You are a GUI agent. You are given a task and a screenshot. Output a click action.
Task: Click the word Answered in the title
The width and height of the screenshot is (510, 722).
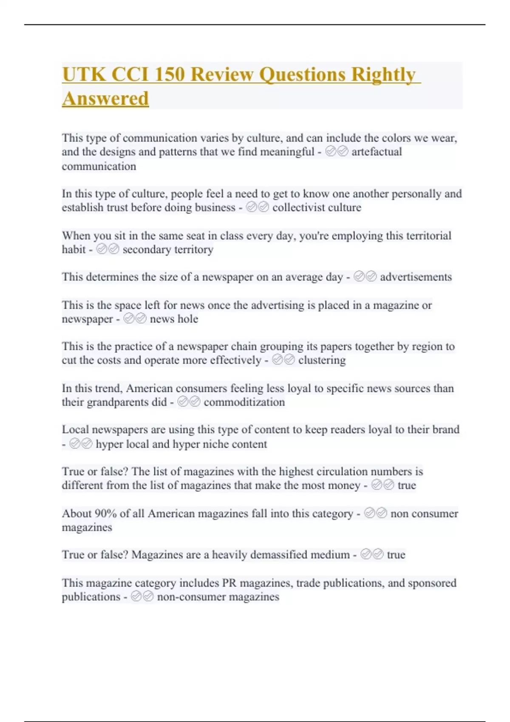(x=105, y=99)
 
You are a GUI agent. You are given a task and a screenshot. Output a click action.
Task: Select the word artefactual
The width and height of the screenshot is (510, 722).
(x=377, y=152)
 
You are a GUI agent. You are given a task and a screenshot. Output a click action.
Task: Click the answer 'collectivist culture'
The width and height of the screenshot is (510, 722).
(x=317, y=207)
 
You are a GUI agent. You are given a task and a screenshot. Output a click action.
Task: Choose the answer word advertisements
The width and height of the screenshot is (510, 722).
(x=416, y=277)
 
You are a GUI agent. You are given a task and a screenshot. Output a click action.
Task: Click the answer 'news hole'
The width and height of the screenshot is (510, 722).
(x=174, y=319)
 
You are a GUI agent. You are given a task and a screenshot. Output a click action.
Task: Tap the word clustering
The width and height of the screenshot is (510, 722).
(x=322, y=360)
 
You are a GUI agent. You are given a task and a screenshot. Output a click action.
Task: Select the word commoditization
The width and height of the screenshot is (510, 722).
(x=244, y=402)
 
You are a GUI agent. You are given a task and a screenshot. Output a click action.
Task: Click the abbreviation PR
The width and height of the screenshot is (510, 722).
(x=229, y=583)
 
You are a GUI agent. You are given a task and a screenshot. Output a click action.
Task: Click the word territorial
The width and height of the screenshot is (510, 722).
(x=419, y=235)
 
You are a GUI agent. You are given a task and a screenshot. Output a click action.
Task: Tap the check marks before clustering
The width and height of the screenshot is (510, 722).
(x=283, y=360)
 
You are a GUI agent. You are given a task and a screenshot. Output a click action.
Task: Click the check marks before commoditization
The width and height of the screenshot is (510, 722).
(x=189, y=402)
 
